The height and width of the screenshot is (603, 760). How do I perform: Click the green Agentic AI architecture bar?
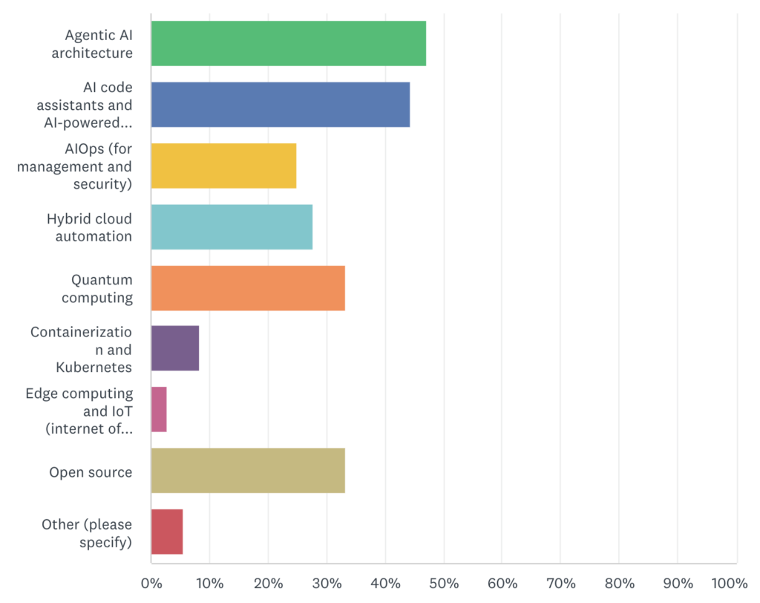[x=288, y=44]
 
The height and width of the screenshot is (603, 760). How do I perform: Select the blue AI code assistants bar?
[x=280, y=105]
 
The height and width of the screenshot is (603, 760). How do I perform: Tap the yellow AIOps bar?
[x=223, y=166]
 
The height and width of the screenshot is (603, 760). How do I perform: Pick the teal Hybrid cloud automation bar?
[x=232, y=227]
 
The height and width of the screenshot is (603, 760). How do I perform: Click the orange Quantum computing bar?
[x=248, y=288]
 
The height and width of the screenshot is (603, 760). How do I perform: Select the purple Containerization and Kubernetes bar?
[x=175, y=348]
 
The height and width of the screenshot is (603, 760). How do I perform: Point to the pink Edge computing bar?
[x=159, y=409]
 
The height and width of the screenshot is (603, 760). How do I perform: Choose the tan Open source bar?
[x=248, y=471]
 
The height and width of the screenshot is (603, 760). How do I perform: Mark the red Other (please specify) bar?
[x=167, y=532]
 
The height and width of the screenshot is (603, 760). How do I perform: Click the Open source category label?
[x=91, y=472]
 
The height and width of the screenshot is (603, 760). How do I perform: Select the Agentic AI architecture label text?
[x=99, y=44]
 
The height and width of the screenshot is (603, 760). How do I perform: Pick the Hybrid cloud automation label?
[x=89, y=227]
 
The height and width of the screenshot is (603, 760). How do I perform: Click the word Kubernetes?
[x=94, y=367]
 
